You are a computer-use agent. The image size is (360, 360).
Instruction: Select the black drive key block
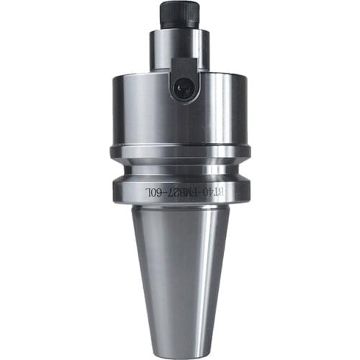pos(184,78)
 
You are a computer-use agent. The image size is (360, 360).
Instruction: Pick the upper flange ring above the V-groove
pos(180,153)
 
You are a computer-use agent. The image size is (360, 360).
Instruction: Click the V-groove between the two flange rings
pos(180,171)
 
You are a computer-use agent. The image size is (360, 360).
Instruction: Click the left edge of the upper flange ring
pos(113,153)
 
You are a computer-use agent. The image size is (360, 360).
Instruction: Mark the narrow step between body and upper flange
pos(180,141)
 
